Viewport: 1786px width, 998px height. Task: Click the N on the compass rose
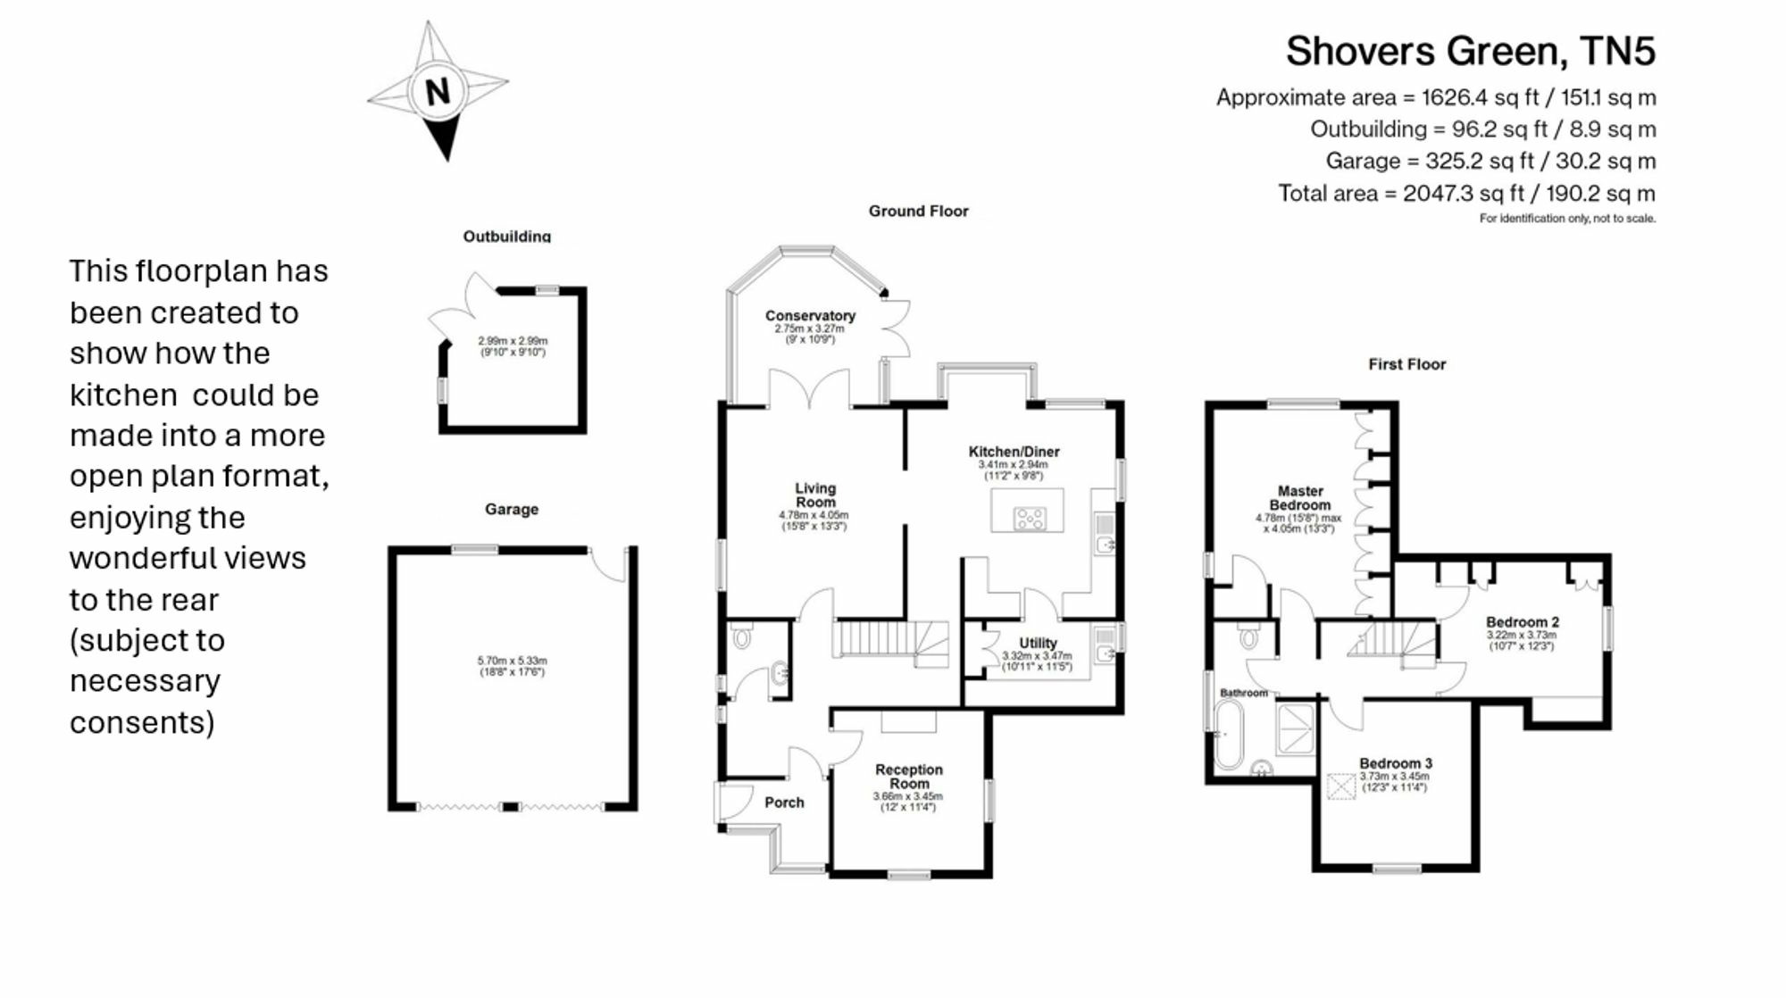(438, 92)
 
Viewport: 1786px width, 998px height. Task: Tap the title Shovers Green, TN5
(1470, 51)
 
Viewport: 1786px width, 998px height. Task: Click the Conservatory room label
(810, 315)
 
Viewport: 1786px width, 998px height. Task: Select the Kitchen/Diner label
(1014, 452)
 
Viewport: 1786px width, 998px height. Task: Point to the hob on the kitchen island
(1030, 518)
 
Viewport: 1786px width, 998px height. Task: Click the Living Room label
(815, 495)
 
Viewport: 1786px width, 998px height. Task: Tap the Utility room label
(1038, 643)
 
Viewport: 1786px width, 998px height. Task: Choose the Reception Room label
(909, 777)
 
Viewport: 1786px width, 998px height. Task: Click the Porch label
(784, 803)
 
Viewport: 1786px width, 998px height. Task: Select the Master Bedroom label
(1300, 498)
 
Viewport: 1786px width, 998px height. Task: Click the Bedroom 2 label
(1523, 622)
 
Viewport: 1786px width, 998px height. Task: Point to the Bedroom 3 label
(1396, 763)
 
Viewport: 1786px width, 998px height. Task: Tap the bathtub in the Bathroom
(1229, 735)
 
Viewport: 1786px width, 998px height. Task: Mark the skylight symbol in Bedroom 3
(1341, 786)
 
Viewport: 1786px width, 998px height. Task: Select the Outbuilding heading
(506, 237)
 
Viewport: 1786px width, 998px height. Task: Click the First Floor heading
(1406, 364)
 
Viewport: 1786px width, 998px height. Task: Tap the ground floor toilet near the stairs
(741, 637)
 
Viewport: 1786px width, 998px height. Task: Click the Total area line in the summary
(1466, 193)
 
